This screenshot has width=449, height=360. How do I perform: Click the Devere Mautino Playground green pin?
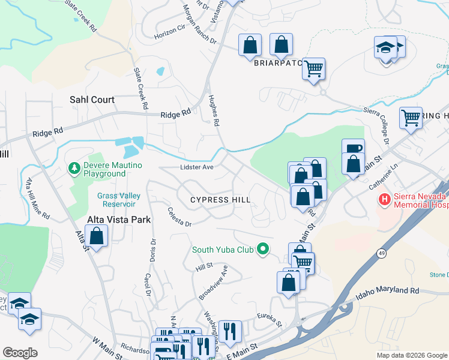74,167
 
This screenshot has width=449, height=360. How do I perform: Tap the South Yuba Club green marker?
262,248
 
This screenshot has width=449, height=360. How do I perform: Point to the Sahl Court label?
92,100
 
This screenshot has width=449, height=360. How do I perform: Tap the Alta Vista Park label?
119,220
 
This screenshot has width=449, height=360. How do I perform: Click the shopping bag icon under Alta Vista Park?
96,236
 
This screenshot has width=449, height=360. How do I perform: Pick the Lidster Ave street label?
196,167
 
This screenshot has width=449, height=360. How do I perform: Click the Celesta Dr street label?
179,217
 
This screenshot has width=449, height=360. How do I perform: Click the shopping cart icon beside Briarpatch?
313,69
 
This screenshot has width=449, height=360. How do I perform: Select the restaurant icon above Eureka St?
229,331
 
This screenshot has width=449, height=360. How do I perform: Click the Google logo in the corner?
20,353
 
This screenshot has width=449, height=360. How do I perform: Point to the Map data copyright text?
412,355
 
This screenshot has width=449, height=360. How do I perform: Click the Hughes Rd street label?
212,110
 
